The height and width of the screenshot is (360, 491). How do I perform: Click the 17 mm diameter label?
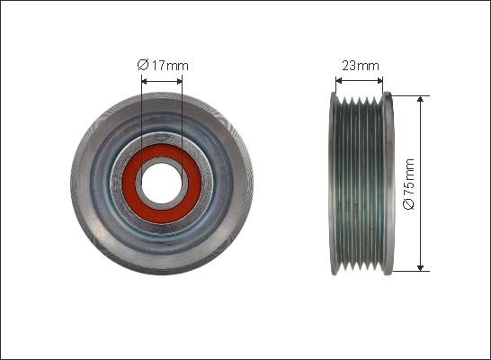(163, 66)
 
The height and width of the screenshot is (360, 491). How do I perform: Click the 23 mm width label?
(360, 66)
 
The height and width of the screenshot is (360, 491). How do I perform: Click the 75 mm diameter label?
(409, 184)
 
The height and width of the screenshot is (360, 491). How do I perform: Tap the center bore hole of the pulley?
(161, 184)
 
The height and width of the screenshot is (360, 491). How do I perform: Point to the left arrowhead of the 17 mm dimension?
(144, 82)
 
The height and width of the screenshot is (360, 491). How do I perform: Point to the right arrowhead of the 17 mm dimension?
(180, 82)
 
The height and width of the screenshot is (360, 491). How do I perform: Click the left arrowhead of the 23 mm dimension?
(338, 81)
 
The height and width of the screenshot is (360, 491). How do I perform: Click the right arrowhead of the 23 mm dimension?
(379, 81)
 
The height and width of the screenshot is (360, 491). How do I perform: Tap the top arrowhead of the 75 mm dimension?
(420, 99)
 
